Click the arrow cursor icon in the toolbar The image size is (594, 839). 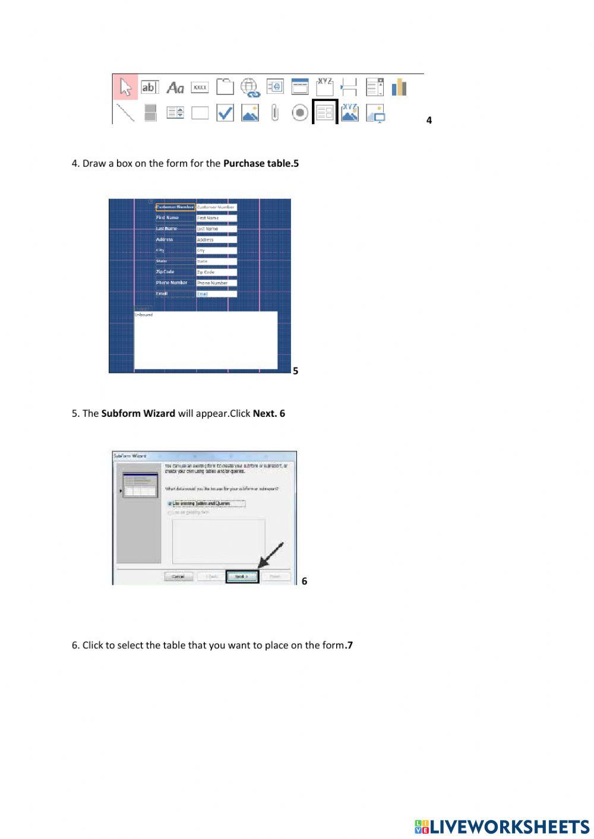pyautogui.click(x=125, y=87)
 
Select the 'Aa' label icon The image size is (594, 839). pyautogui.click(x=175, y=88)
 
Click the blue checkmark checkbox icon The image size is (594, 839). pyautogui.click(x=225, y=113)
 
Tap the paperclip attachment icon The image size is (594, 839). pyautogui.click(x=274, y=112)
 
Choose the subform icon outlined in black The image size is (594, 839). pyautogui.click(x=325, y=112)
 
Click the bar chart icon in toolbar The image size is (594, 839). pyautogui.click(x=399, y=87)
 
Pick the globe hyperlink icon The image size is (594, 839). pyautogui.click(x=250, y=88)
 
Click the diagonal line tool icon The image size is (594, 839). pyautogui.click(x=125, y=112)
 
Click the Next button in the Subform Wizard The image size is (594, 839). pyautogui.click(x=242, y=577)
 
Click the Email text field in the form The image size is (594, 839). pyautogui.click(x=216, y=294)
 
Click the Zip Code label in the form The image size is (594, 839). pyautogui.click(x=165, y=272)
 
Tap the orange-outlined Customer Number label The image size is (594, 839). pyautogui.click(x=175, y=207)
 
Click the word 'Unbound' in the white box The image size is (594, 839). pyautogui.click(x=144, y=315)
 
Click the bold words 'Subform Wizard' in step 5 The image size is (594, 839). pyautogui.click(x=138, y=413)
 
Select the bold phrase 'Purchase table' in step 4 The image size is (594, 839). pyautogui.click(x=258, y=163)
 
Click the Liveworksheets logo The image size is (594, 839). pyautogui.click(x=502, y=827)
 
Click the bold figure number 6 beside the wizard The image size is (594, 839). pyautogui.click(x=304, y=581)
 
